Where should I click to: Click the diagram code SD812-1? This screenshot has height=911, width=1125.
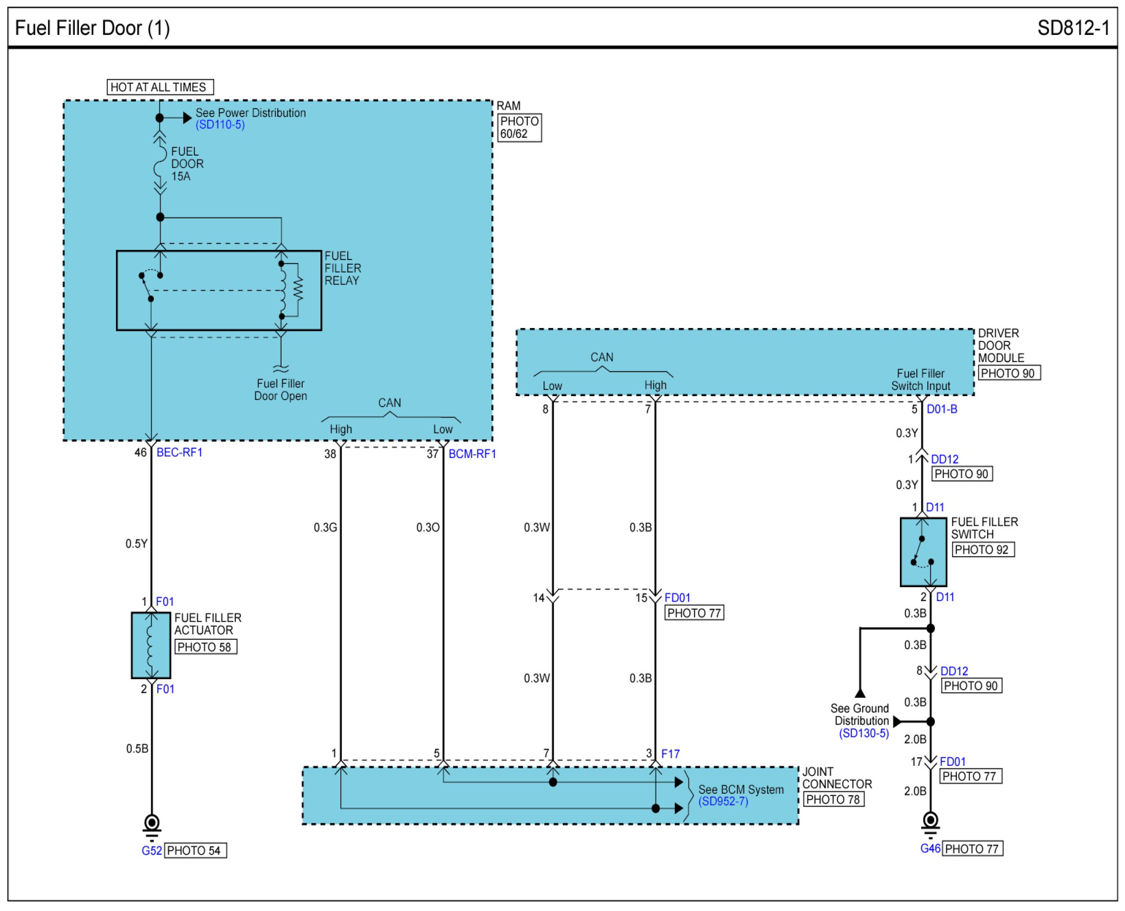(x=1073, y=28)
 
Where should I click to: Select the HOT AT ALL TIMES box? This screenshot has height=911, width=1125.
(x=160, y=87)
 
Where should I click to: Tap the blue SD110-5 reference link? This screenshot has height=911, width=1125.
(x=220, y=125)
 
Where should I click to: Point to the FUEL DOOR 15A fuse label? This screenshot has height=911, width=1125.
(x=187, y=164)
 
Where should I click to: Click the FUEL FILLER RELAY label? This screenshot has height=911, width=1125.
(x=342, y=268)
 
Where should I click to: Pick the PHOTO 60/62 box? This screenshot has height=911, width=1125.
(x=520, y=127)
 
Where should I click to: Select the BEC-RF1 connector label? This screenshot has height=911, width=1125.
(x=180, y=452)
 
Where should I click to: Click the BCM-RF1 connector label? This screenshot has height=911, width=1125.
(x=472, y=454)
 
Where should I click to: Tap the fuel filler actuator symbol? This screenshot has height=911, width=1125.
(x=151, y=646)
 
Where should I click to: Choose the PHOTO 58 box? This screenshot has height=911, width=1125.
(x=205, y=647)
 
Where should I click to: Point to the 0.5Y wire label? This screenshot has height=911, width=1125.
(x=136, y=544)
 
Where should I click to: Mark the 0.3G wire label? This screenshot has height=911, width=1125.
(x=325, y=527)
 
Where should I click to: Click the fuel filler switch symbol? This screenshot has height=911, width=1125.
(x=923, y=552)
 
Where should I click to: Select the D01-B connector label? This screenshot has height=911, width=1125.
(x=942, y=410)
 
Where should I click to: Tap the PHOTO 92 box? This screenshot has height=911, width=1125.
(x=983, y=550)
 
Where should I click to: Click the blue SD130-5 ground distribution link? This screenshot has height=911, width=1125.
(x=864, y=734)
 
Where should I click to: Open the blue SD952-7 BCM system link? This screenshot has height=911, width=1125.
(x=723, y=801)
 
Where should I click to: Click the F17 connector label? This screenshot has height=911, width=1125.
(x=670, y=754)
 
